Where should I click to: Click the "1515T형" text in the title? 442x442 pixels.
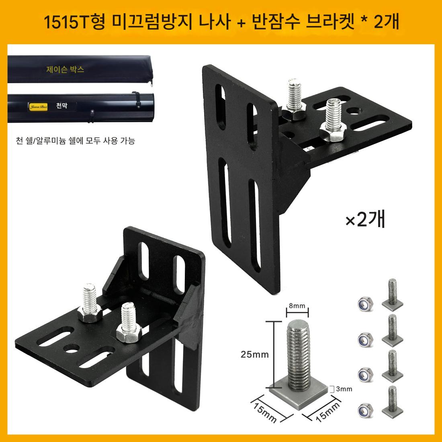(74, 22)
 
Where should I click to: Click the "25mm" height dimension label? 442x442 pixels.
(254, 354)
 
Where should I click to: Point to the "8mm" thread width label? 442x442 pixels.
(297, 305)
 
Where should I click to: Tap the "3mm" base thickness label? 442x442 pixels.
(344, 389)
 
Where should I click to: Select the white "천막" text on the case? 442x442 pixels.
(62, 105)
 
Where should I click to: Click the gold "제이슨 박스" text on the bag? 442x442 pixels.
(65, 69)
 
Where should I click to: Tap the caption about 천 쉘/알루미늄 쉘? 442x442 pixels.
(75, 140)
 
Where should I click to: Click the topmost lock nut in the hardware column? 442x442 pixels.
(365, 303)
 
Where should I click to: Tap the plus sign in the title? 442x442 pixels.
(241, 22)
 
